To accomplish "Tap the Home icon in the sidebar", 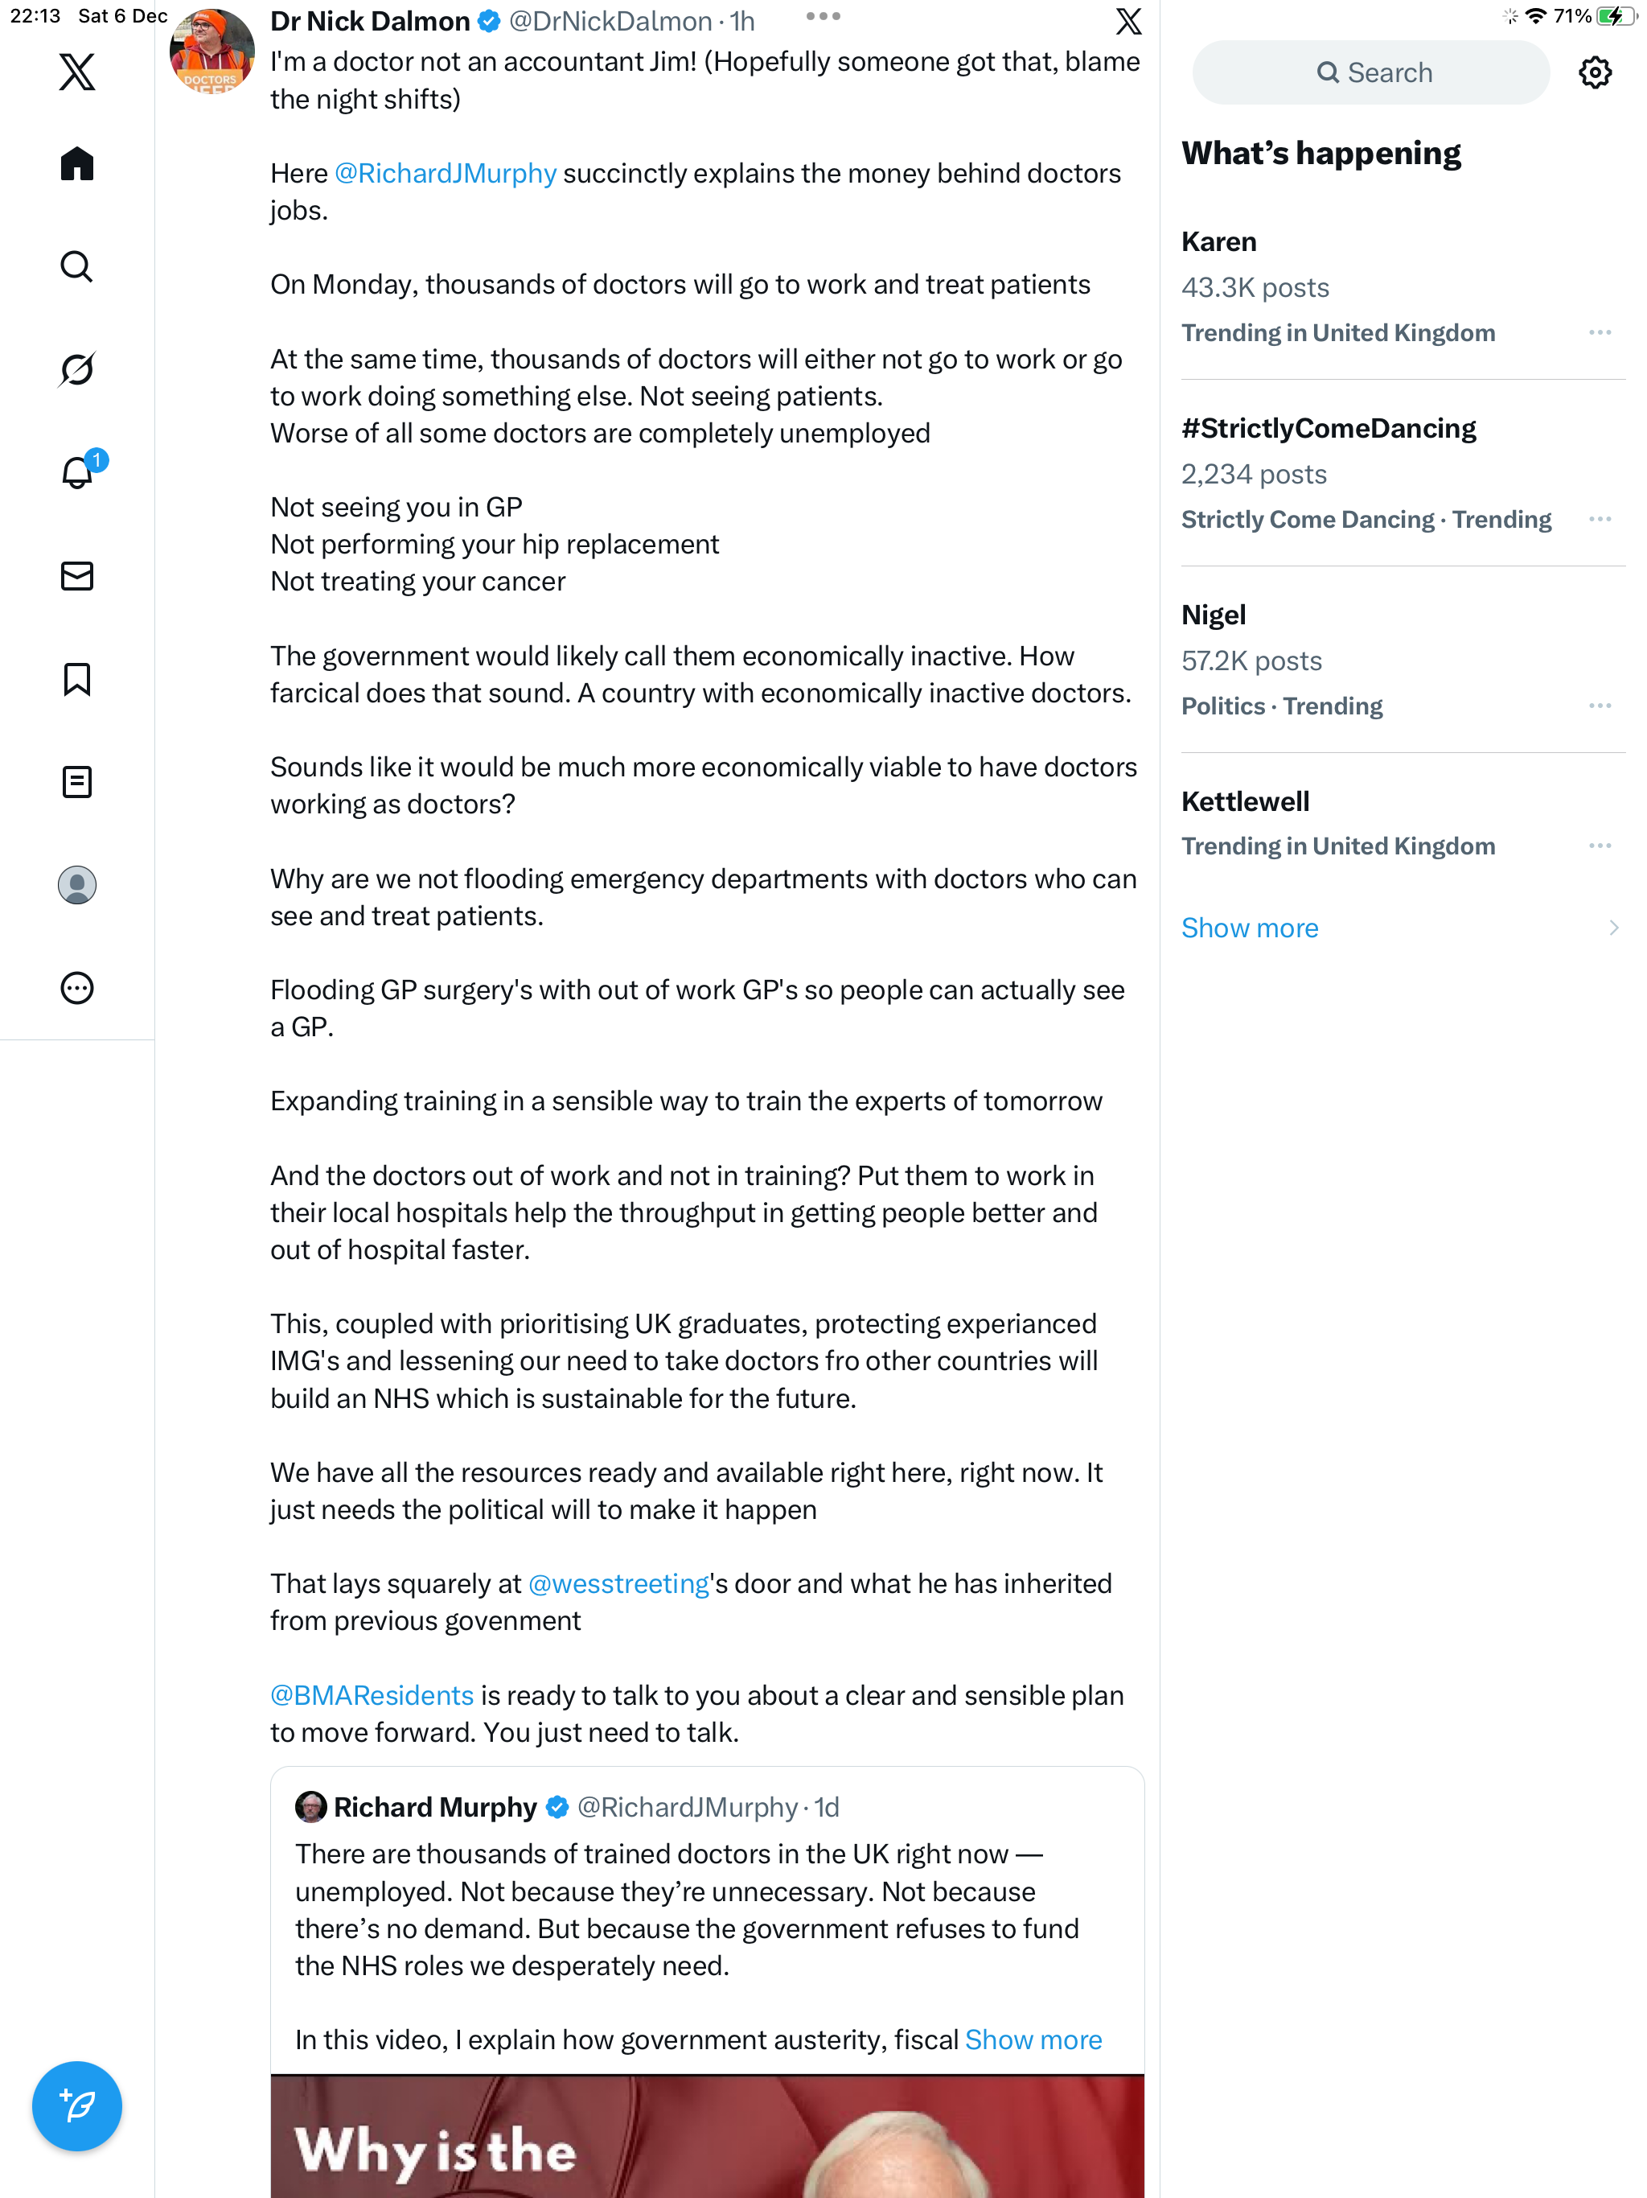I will (76, 164).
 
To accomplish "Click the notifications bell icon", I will (76, 473).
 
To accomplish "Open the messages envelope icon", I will (76, 576).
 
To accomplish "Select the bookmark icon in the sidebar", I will (76, 680).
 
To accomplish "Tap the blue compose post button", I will (76, 2105).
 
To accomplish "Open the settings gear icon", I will (1595, 72).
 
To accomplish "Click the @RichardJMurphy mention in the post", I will (445, 173).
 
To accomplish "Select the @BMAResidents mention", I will (372, 1695).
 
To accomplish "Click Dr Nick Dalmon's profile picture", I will (212, 51).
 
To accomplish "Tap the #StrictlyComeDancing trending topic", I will (1328, 428).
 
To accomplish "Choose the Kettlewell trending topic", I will (1245, 801).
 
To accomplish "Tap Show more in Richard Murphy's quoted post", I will (1033, 2040).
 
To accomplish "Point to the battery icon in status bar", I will (1616, 16).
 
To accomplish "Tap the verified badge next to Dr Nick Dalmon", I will (490, 21).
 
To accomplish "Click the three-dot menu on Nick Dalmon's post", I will (823, 17).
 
